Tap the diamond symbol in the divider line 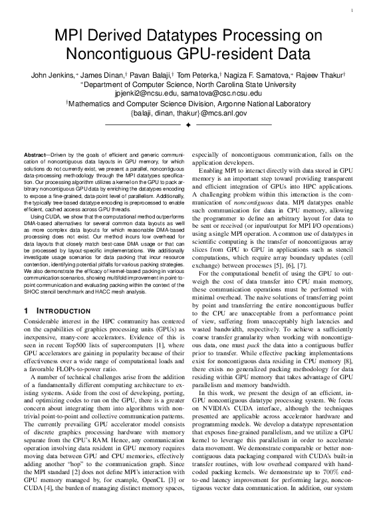[x=188, y=124]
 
